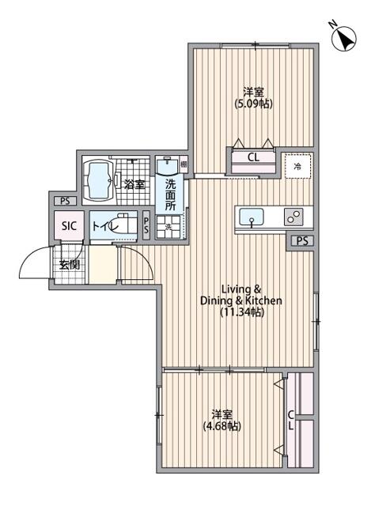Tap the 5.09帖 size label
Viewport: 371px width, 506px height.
click(252, 104)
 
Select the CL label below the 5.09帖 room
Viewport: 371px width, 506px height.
click(253, 157)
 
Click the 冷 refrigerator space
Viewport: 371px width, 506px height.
click(298, 166)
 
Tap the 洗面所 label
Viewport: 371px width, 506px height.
click(171, 194)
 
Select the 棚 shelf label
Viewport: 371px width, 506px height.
click(184, 165)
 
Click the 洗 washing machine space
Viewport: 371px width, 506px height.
click(168, 228)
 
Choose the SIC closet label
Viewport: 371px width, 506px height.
click(70, 226)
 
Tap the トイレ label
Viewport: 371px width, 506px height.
click(105, 226)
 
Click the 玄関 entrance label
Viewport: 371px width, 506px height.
click(69, 264)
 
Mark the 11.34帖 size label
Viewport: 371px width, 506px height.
click(241, 312)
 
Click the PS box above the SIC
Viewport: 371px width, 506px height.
click(61, 201)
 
